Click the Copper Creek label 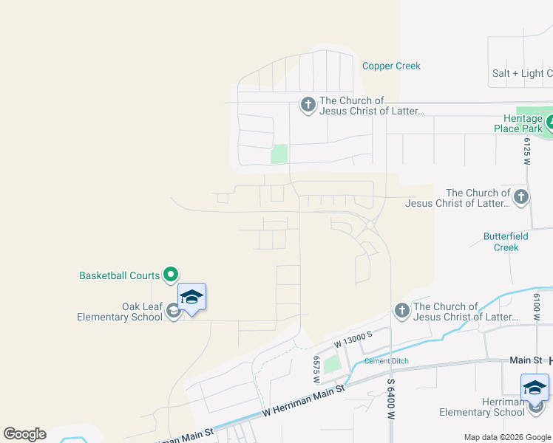(x=391, y=66)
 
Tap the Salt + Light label (x=522, y=73)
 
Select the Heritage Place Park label (x=518, y=123)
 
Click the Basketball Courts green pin (x=170, y=275)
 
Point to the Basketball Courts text (x=119, y=275)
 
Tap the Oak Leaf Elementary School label (x=121, y=312)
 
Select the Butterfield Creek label (x=506, y=241)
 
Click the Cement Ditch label (x=386, y=361)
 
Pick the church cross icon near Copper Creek (x=308, y=105)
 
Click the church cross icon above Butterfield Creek (x=521, y=197)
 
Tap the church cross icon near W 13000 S (x=401, y=311)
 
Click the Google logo (x=24, y=434)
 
